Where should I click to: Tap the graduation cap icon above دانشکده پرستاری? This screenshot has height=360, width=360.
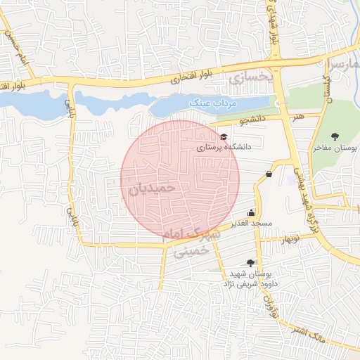(224, 136)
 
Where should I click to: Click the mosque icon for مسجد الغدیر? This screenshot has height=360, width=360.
(251, 212)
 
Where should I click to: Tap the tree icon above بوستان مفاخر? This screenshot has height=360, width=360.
(334, 136)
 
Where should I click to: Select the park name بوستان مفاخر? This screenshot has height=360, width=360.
(335, 148)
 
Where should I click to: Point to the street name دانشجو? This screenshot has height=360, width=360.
(252, 120)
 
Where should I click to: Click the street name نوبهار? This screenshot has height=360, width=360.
(271, 240)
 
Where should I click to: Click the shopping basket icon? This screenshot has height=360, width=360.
(269, 174)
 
